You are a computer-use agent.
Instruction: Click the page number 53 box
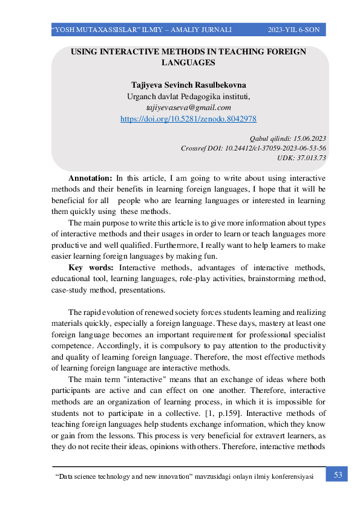(338, 475)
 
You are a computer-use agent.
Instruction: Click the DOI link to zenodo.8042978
(188, 119)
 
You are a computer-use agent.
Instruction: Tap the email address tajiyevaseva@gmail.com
(188, 107)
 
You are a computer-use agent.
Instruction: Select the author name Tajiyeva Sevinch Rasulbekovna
(188, 85)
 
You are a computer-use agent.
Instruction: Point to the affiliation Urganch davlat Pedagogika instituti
(188, 96)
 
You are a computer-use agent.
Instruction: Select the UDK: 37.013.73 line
(301, 157)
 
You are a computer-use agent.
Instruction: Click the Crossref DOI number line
(254, 148)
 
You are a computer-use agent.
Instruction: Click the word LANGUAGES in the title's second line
(188, 62)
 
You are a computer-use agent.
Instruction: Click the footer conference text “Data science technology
(97, 477)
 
